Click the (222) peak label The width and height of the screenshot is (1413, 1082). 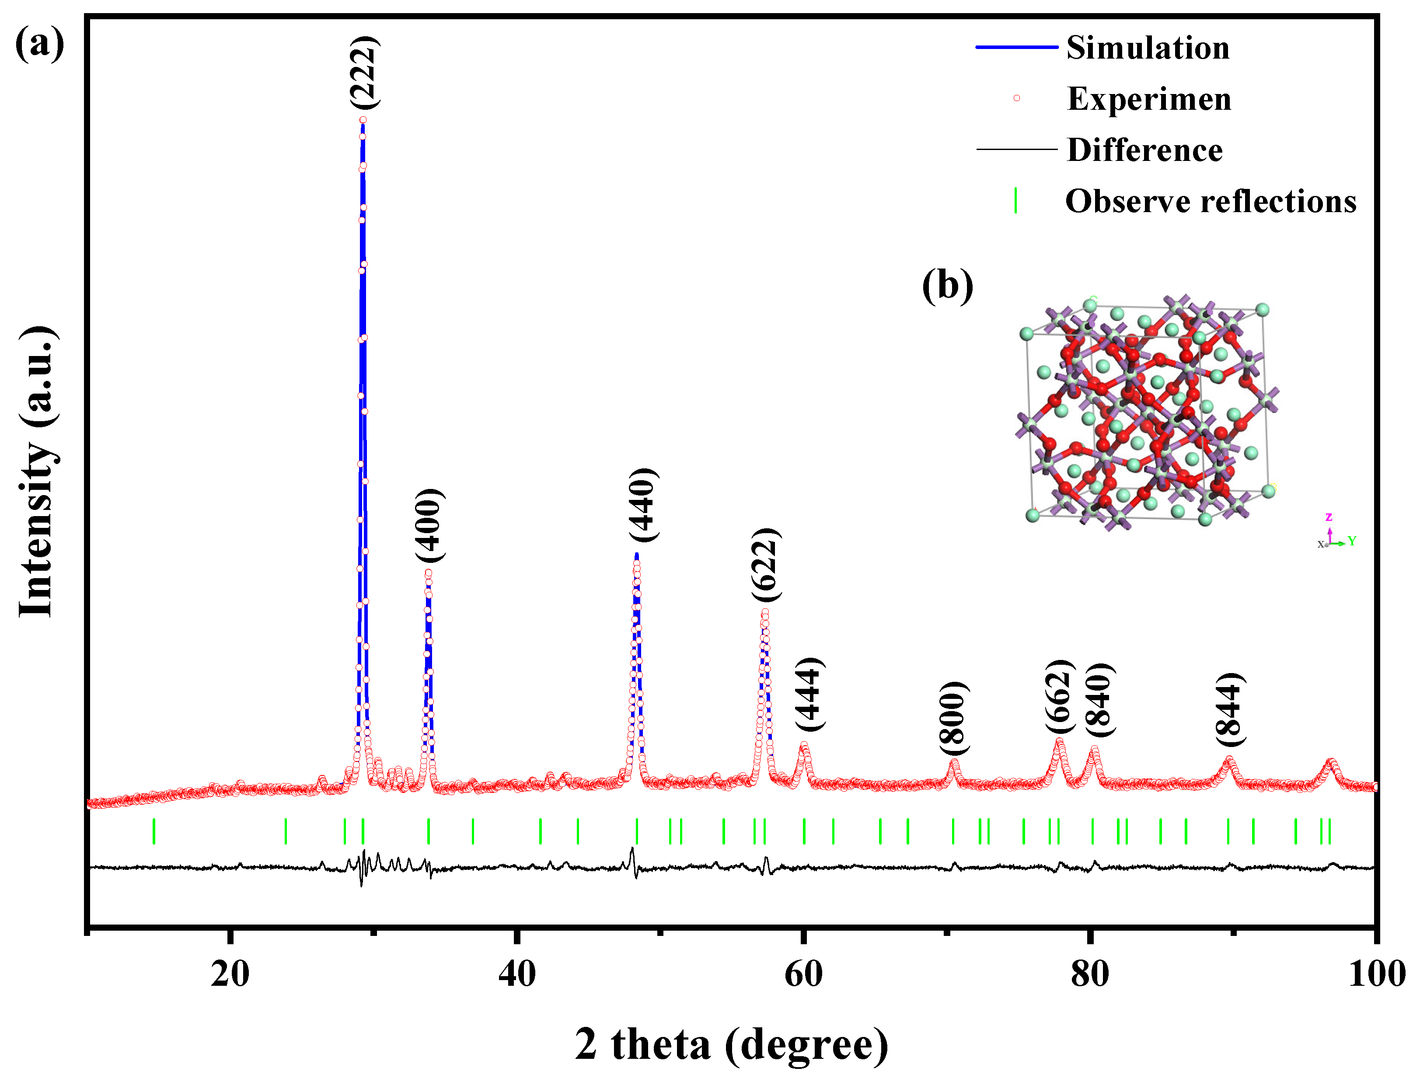(365, 72)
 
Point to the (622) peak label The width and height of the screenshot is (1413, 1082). (766, 565)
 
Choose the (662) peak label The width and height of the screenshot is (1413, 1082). (1060, 696)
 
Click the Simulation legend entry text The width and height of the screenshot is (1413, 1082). (1147, 48)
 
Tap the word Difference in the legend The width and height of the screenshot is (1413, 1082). (1144, 150)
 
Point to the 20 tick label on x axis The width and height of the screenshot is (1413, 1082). (230, 974)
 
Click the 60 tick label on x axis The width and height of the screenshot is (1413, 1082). (803, 974)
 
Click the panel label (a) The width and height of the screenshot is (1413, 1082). (39, 44)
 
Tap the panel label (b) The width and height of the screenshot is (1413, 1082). (947, 285)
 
